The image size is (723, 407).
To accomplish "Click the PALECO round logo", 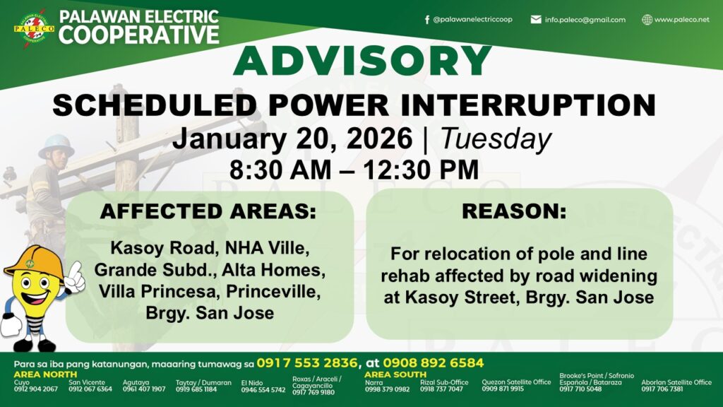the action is click(34, 28).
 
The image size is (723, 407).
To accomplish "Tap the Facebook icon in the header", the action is click(427, 19).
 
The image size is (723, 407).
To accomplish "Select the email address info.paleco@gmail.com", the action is click(585, 20).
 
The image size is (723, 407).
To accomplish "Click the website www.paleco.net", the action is click(681, 19).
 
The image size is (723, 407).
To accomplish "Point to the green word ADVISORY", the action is click(362, 61).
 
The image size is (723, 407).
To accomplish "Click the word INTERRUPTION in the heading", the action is click(528, 105).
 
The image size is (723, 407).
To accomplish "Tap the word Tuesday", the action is click(496, 138).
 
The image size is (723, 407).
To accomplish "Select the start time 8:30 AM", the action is click(280, 170).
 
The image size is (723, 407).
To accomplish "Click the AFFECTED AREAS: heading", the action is click(208, 211).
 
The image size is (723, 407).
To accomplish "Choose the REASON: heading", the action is click(514, 211).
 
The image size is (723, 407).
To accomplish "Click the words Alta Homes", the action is click(273, 270).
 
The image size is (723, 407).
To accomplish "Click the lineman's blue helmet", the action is click(56, 146).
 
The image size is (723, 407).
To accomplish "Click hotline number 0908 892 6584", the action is click(434, 363).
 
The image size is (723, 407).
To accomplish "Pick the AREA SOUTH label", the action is click(395, 374).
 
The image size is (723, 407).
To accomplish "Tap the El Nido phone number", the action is click(263, 390).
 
